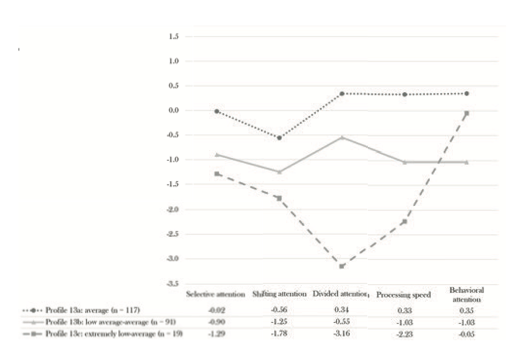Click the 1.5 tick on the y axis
(x=174, y=37)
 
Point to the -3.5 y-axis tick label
(x=173, y=284)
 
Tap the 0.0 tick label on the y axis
(x=174, y=110)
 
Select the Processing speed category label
(x=404, y=295)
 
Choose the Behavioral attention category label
(x=466, y=295)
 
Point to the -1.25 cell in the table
(x=279, y=322)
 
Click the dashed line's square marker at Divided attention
(x=342, y=266)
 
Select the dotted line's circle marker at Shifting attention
(x=279, y=138)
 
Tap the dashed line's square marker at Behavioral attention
(x=466, y=113)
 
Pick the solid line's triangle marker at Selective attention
(x=217, y=155)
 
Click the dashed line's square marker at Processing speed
(x=404, y=221)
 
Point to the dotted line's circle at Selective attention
(x=217, y=111)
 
